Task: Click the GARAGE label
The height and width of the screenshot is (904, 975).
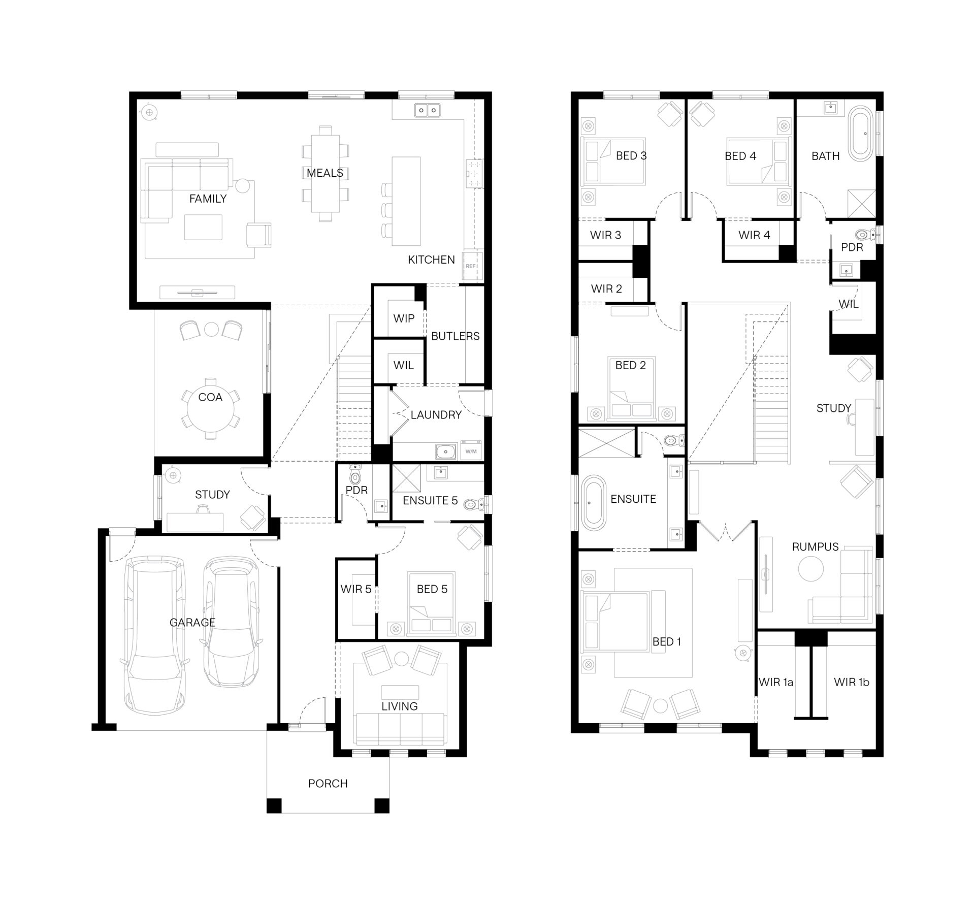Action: [x=192, y=622]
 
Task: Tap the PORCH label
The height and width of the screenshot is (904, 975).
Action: [x=328, y=783]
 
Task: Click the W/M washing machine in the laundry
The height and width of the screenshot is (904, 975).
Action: [x=471, y=451]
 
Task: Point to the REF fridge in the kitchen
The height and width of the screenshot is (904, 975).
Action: [x=471, y=266]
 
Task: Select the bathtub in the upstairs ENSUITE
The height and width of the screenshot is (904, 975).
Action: [x=593, y=503]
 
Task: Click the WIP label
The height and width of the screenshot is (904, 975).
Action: [x=404, y=318]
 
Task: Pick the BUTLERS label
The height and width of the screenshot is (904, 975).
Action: [x=455, y=336]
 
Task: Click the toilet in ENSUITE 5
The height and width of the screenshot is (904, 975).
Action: [x=474, y=504]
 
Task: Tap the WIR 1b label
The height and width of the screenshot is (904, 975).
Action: [x=852, y=682]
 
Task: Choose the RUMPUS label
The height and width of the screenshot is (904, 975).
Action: [x=815, y=546]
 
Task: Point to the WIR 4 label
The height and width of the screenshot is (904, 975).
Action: [x=754, y=235]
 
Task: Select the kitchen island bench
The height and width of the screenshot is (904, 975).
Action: [x=406, y=201]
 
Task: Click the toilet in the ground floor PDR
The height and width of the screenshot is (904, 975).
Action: [x=355, y=476]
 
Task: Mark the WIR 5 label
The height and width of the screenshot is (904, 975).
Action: [x=355, y=589]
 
